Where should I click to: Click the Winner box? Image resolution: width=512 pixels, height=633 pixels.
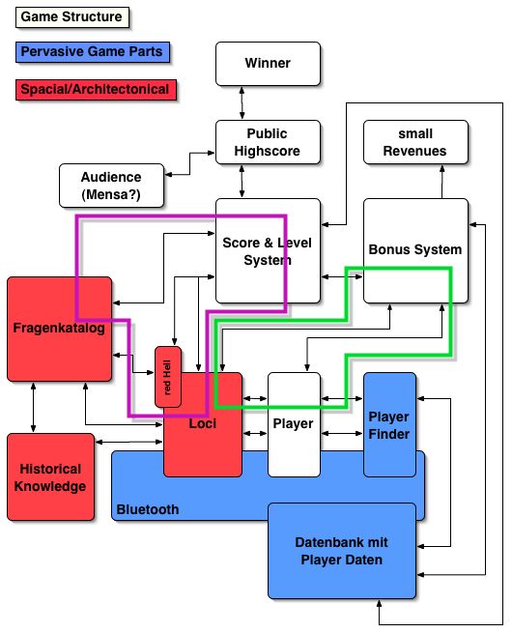(268, 64)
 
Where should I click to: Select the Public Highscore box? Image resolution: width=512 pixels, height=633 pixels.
(268, 142)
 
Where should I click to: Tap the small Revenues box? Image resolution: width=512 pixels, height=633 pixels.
(415, 142)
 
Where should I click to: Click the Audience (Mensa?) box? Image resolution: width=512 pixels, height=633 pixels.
(111, 186)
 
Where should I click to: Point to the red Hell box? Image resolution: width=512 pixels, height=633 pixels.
(168, 377)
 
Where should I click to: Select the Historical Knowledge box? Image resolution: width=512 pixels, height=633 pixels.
(50, 476)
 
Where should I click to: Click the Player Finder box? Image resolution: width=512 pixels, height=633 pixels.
(389, 424)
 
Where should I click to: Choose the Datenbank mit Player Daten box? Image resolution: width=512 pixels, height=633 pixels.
(342, 551)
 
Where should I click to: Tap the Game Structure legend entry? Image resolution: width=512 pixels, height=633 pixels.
(72, 17)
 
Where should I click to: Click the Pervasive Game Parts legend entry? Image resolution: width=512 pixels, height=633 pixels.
(93, 52)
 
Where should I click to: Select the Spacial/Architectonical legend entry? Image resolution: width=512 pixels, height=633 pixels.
(96, 89)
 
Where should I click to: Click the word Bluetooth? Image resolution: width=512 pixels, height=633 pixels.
(148, 509)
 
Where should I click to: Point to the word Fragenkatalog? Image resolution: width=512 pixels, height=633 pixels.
(59, 328)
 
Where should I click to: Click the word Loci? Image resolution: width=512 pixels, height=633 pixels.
(203, 423)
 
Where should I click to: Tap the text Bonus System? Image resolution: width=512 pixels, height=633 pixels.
(415, 249)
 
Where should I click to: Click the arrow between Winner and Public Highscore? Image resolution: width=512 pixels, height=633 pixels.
(242, 103)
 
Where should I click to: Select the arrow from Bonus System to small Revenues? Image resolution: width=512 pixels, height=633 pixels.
(442, 182)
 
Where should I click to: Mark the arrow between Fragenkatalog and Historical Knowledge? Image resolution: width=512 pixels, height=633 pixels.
(33, 407)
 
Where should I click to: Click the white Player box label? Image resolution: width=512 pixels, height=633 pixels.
(294, 423)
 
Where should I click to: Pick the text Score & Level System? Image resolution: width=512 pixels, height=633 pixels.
(267, 251)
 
